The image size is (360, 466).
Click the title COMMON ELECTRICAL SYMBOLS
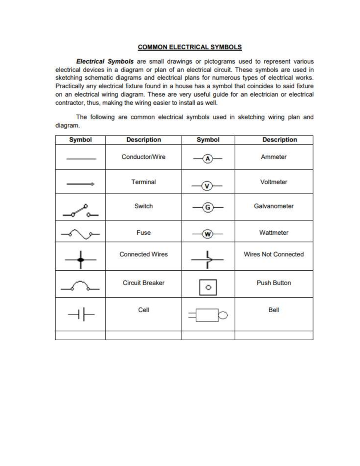[190, 47]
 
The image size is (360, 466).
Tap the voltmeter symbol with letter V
[207, 186]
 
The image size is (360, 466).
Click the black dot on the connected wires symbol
[80, 260]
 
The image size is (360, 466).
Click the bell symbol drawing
[208, 315]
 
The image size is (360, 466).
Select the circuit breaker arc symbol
[80, 286]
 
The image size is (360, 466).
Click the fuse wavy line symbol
[80, 234]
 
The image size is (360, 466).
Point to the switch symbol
[80, 211]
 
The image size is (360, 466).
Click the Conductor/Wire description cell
[143, 157]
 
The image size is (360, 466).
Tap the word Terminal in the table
[143, 182]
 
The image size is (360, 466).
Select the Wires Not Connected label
[274, 254]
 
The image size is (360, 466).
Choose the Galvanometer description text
[274, 206]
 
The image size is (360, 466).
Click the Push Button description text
[274, 283]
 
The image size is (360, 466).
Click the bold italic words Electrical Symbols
[105, 62]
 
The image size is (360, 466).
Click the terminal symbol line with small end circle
[80, 184]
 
